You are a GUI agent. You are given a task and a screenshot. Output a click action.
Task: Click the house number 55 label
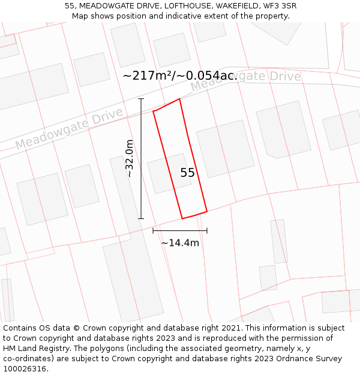point(187,173)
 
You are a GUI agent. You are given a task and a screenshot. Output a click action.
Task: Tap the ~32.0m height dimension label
point(129,158)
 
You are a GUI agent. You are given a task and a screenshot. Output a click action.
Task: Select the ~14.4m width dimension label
point(180,243)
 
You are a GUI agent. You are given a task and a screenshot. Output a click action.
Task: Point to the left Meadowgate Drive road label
point(69,129)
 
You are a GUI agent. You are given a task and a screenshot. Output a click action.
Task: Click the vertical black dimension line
point(142,158)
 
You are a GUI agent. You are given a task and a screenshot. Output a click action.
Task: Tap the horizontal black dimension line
point(180,230)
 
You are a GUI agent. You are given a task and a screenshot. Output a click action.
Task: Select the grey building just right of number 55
point(225,148)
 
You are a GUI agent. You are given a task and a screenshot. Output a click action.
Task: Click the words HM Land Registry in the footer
point(32,349)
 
